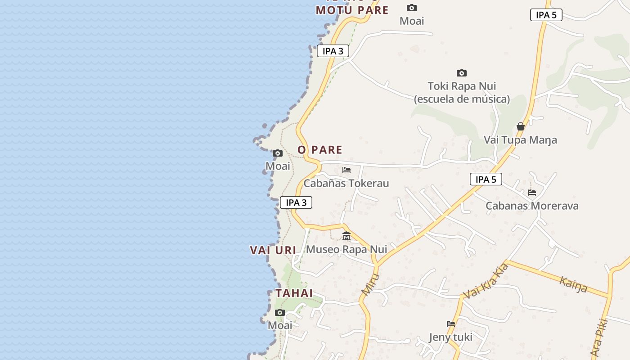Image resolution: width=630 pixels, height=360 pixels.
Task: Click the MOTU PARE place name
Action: point(352,10)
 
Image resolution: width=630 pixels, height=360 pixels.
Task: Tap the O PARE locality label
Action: point(320,150)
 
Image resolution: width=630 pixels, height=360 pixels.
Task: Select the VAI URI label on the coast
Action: point(273,250)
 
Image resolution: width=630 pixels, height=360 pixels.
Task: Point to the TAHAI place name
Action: point(294,293)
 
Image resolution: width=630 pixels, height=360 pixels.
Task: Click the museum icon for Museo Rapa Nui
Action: point(346,236)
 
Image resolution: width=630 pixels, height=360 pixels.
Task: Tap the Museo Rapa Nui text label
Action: point(346,249)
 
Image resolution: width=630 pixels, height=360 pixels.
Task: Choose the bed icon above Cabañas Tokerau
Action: point(346,170)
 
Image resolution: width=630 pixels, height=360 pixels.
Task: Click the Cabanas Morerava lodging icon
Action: point(532,193)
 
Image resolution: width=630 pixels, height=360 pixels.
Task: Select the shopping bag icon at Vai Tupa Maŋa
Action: point(521,126)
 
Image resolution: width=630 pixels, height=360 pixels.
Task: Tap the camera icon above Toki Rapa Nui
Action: point(462,73)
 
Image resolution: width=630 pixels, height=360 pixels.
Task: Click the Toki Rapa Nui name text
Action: point(462,86)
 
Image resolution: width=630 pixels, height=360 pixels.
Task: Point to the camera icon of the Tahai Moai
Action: point(280,313)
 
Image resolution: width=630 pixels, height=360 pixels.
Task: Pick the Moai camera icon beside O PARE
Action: point(278,153)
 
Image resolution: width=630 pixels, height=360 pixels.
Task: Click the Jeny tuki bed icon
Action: point(451,324)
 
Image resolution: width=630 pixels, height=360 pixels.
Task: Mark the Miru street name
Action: point(370,284)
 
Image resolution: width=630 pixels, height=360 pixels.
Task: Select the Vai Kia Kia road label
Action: point(486,281)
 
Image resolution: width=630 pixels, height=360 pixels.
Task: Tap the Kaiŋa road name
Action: point(573,284)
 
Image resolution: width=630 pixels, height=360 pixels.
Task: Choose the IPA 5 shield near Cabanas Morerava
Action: point(486,179)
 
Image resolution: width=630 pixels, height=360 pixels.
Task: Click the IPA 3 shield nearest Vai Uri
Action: point(296,202)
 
